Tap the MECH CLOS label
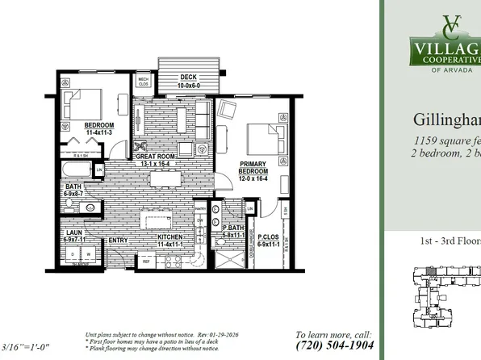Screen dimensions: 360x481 143,82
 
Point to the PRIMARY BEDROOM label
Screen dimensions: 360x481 253,169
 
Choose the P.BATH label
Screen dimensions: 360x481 234,230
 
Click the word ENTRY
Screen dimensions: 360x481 119,240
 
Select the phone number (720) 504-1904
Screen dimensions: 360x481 334,345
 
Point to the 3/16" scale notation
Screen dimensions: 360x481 26,348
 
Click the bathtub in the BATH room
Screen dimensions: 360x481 77,170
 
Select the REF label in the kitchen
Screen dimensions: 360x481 146,262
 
